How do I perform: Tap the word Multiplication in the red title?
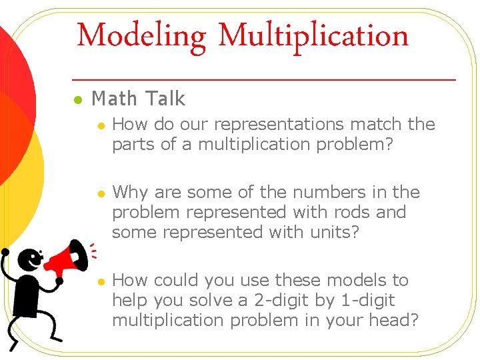tap(313, 35)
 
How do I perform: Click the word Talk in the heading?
tap(165, 99)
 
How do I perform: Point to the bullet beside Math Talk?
tap(77, 100)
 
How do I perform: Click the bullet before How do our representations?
tap(100, 125)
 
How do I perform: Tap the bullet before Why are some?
tap(100, 193)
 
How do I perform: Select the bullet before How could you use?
tap(100, 281)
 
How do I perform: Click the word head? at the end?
tap(395, 321)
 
